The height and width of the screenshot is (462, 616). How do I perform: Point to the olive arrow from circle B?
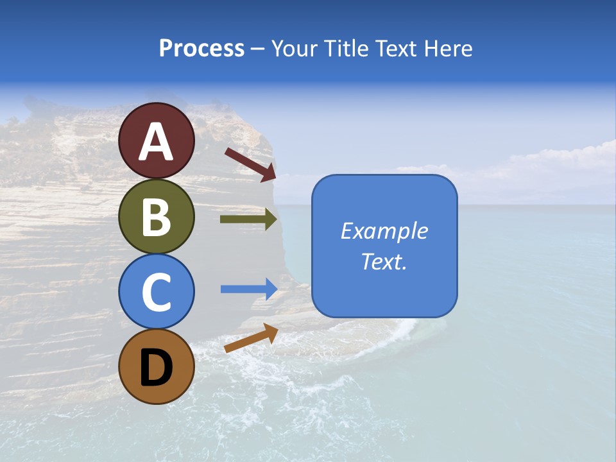[248, 219]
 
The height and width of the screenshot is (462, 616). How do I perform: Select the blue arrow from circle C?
[249, 289]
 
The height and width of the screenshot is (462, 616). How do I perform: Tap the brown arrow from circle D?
[251, 338]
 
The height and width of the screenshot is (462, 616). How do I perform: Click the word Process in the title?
[201, 49]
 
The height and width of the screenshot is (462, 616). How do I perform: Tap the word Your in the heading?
[293, 49]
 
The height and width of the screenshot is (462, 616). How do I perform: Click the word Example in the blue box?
[384, 231]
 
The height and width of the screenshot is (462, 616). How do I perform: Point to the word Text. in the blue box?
[384, 261]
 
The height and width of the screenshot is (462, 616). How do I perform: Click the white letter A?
[157, 142]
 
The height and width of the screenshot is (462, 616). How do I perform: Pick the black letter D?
[157, 367]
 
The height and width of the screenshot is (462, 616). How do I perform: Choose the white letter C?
[157, 292]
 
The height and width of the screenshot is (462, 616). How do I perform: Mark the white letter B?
[157, 217]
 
